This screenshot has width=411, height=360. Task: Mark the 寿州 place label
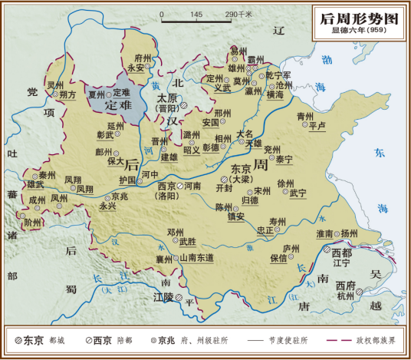point(277,221)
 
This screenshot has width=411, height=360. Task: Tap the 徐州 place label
point(285,183)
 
